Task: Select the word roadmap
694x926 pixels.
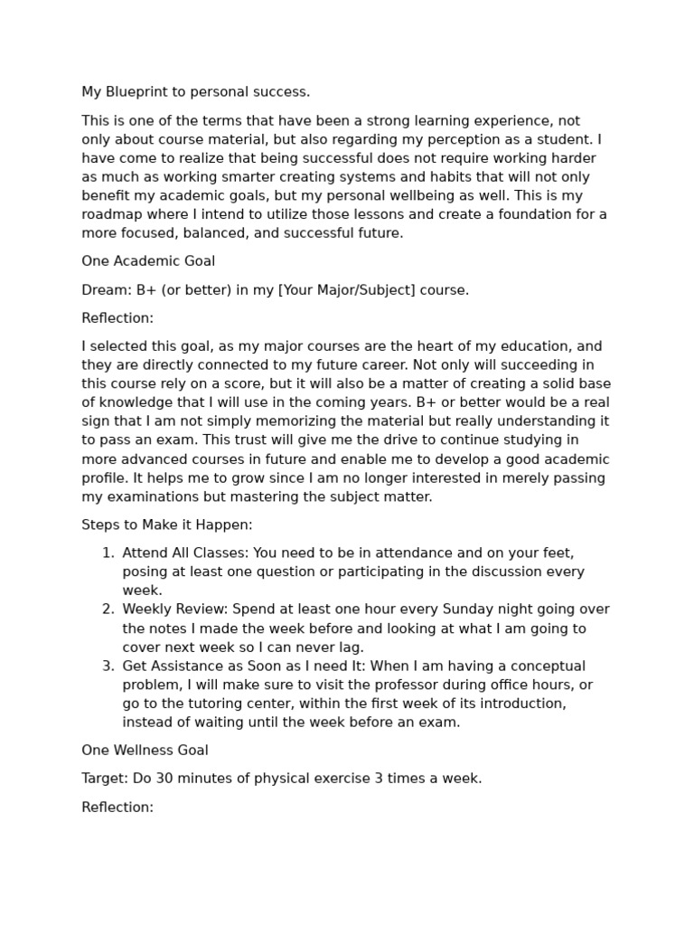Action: point(112,214)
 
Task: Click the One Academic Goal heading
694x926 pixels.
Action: point(148,261)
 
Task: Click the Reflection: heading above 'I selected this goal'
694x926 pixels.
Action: point(117,318)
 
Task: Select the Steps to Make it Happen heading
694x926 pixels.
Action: point(167,524)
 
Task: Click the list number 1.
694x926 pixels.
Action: point(108,553)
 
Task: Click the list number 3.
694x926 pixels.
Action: point(108,666)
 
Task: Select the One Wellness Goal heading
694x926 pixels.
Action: point(145,750)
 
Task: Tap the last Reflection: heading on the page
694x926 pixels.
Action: point(117,808)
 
